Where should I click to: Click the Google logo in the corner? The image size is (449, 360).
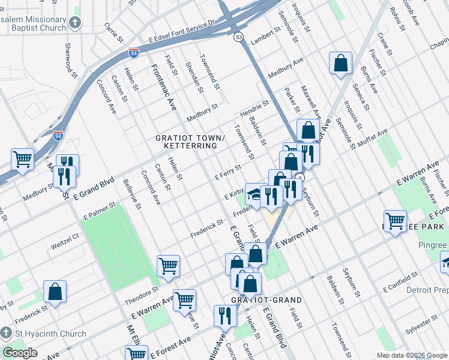click(20, 353)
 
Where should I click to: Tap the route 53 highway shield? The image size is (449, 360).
click(238, 37)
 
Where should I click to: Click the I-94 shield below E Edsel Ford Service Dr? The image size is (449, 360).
click(134, 53)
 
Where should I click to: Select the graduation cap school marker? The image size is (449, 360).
click(256, 194)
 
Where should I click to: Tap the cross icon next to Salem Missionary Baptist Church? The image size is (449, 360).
click(75, 23)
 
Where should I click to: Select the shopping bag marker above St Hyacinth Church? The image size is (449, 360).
click(55, 292)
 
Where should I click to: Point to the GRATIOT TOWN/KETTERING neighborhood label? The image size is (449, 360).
click(190, 142)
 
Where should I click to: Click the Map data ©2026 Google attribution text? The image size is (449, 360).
click(411, 355)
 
